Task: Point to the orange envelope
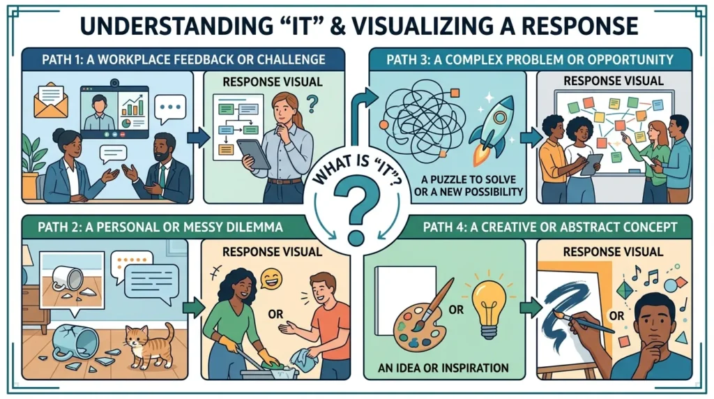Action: (50, 100)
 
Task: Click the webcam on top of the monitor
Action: (114, 83)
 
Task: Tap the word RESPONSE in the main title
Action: (579, 26)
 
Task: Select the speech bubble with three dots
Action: (170, 108)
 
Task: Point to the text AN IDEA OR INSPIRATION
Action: (443, 368)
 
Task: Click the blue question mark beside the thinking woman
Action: (312, 103)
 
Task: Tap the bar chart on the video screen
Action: (132, 105)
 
